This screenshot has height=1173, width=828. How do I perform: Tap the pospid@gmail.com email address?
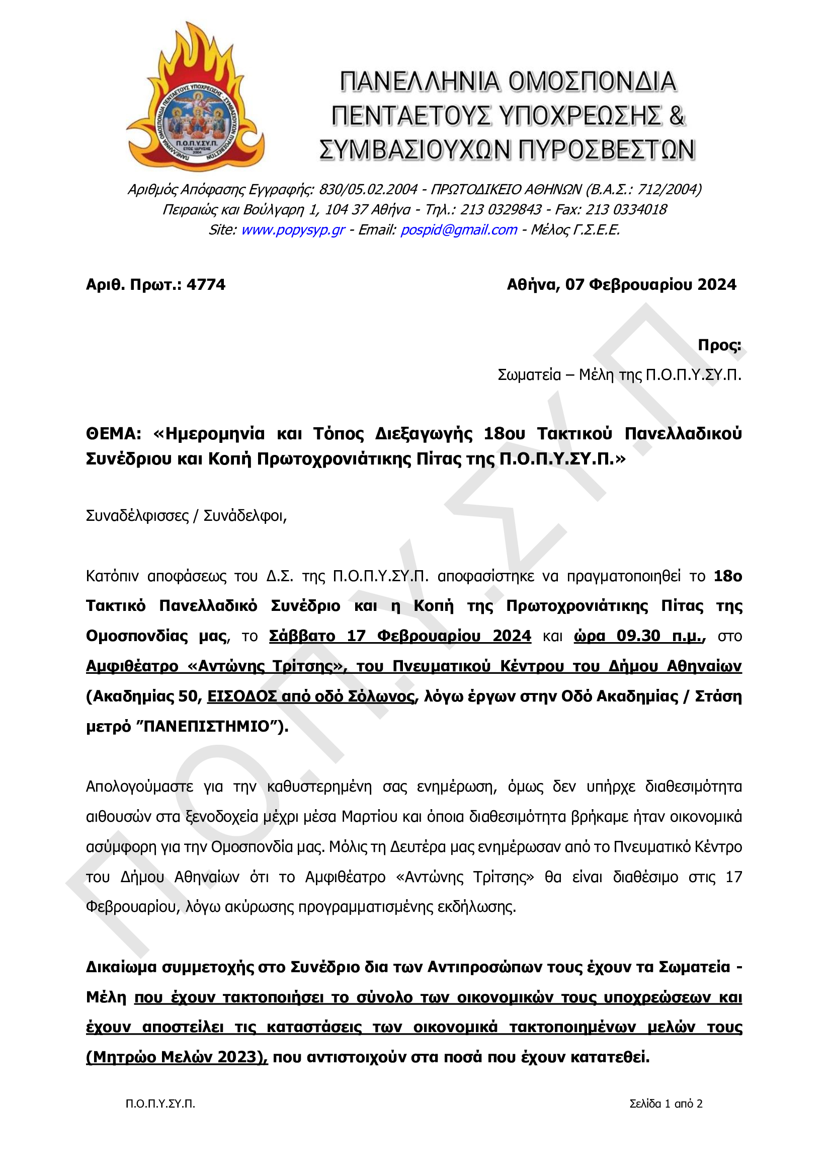point(458,230)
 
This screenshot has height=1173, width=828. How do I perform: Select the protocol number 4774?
point(206,284)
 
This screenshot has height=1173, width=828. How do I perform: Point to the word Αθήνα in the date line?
point(533,284)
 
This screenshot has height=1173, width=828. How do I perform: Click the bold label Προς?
point(719,345)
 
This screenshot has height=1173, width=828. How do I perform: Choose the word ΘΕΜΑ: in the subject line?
point(113,434)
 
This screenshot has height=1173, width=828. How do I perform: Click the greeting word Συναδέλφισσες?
point(137,515)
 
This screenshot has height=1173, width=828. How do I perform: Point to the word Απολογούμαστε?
point(139,786)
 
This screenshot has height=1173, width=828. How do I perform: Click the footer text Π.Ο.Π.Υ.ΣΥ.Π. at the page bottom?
point(160,1104)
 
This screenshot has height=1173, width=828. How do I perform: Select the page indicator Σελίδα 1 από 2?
point(666,1104)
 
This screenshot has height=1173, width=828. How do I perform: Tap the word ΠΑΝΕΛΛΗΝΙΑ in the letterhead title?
point(419,82)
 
